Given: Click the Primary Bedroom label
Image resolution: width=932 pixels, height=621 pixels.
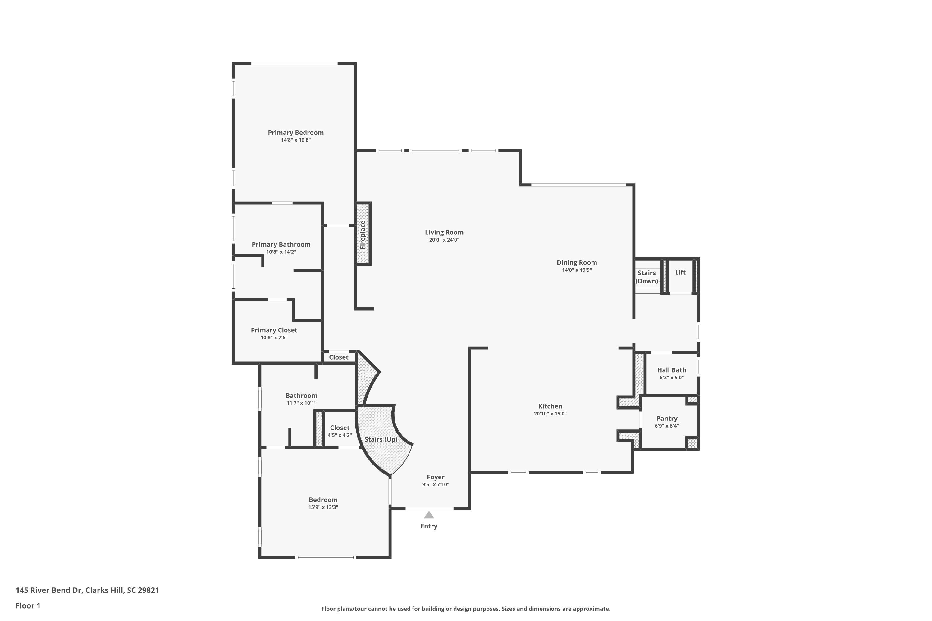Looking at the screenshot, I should pyautogui.click(x=296, y=133).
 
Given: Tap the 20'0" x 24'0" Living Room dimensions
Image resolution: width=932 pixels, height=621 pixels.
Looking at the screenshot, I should pyautogui.click(x=444, y=240).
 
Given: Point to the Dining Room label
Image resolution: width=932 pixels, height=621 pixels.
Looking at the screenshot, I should pyautogui.click(x=577, y=263).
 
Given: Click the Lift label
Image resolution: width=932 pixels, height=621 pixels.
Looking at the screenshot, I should pyautogui.click(x=680, y=273).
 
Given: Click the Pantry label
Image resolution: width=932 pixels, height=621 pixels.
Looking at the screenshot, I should pyautogui.click(x=666, y=419).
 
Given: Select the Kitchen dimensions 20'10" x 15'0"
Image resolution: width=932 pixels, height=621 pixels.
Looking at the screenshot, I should pyautogui.click(x=550, y=414).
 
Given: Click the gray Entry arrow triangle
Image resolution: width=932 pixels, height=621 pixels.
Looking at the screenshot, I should pyautogui.click(x=429, y=515).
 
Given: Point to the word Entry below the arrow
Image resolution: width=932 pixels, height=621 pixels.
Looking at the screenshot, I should pyautogui.click(x=429, y=526).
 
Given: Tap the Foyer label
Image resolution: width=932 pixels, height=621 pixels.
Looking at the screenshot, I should pyautogui.click(x=436, y=477).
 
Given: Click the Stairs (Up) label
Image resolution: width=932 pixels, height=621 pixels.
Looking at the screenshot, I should pyautogui.click(x=381, y=440).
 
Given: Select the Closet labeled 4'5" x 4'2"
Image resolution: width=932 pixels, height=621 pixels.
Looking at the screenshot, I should pyautogui.click(x=340, y=431).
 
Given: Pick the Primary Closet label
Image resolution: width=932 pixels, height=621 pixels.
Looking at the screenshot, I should pyautogui.click(x=274, y=330).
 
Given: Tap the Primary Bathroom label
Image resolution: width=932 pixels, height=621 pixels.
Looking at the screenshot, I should pyautogui.click(x=281, y=245).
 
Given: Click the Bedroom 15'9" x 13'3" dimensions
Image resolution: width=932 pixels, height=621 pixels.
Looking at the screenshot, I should pyautogui.click(x=323, y=508).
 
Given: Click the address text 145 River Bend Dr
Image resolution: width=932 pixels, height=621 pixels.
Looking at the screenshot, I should pyautogui.click(x=87, y=590).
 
